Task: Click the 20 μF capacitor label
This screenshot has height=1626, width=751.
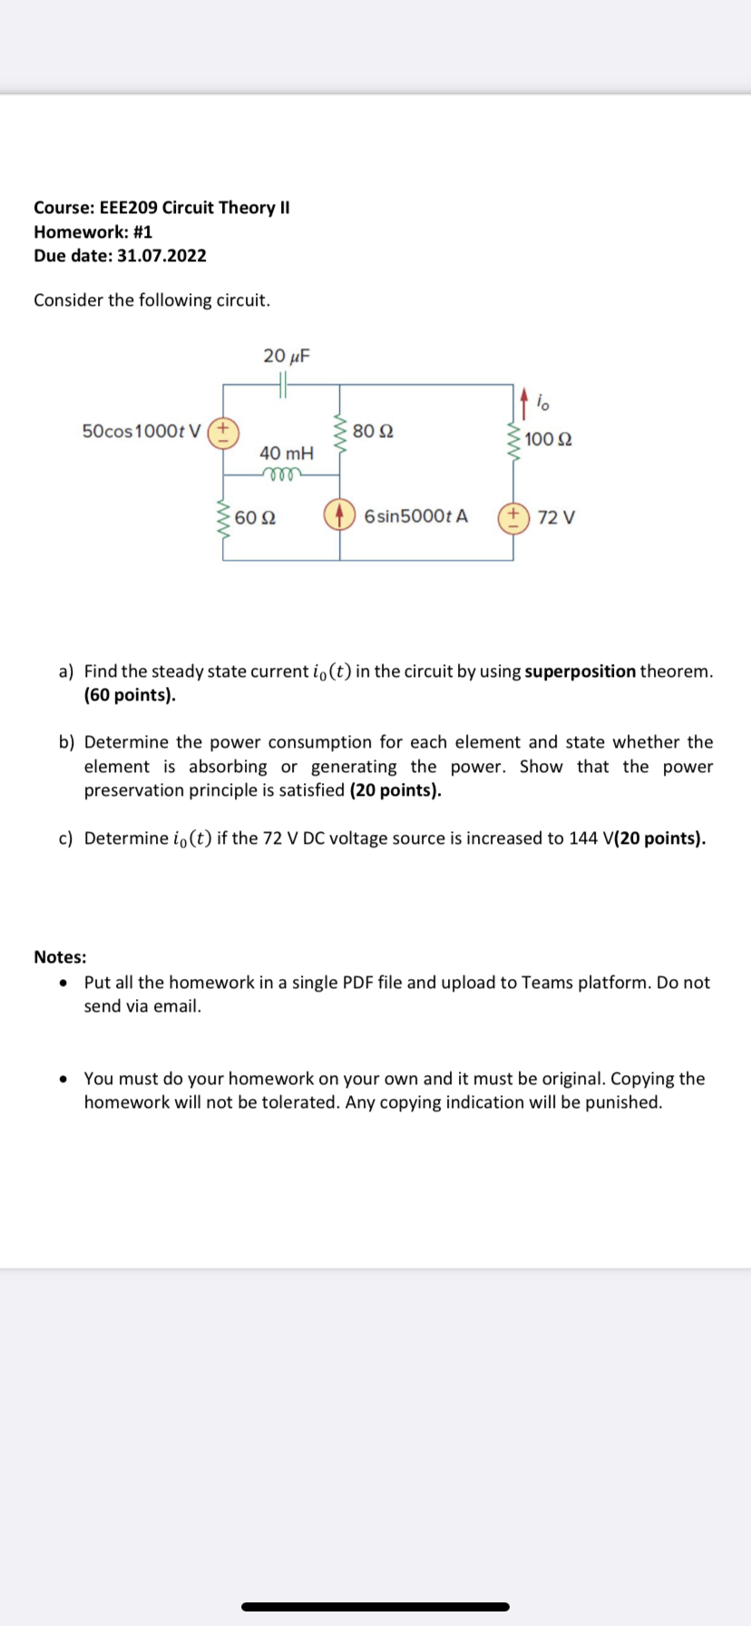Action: tap(286, 356)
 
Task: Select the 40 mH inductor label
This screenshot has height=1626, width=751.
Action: tap(286, 452)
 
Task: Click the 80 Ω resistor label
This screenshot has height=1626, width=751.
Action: tap(373, 430)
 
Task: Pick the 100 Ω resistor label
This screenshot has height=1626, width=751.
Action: tap(548, 440)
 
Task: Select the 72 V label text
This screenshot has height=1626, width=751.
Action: tap(555, 518)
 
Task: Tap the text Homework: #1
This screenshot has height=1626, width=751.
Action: tap(93, 231)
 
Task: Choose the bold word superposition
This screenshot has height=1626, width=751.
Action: tap(580, 671)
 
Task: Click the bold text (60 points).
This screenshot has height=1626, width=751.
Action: tap(130, 695)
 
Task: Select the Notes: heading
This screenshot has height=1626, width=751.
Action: tap(60, 957)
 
